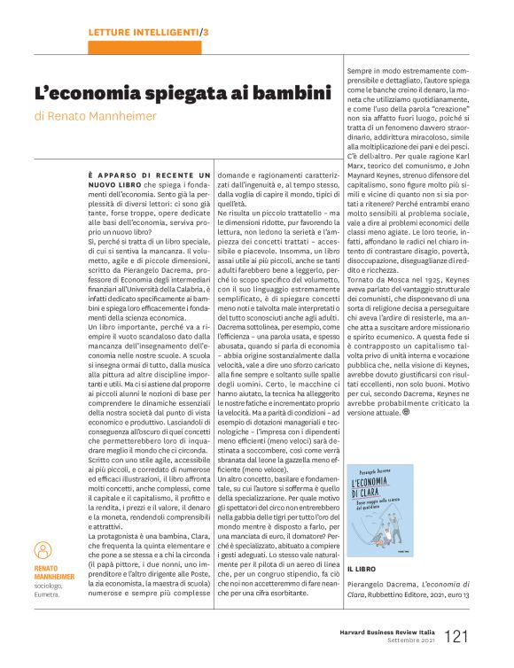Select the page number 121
457,635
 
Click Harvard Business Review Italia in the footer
388,633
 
